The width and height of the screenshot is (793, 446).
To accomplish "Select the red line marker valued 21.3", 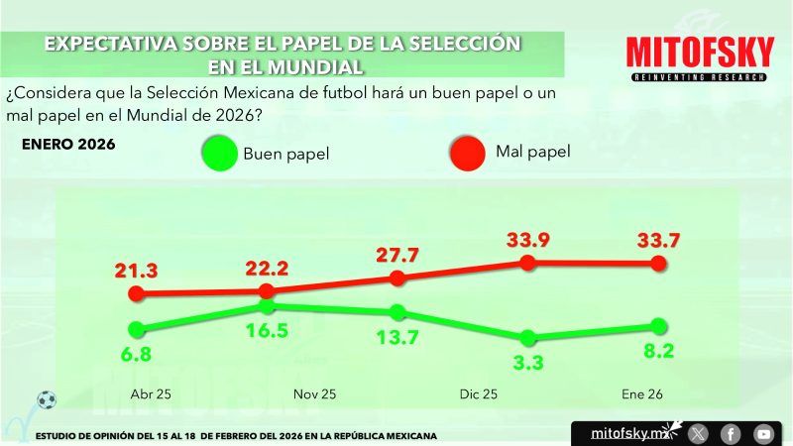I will (138, 293).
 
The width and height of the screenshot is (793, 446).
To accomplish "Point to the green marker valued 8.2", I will (657, 326).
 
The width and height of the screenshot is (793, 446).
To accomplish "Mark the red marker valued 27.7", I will (397, 278).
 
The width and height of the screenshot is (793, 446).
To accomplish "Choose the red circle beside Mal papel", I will (469, 153).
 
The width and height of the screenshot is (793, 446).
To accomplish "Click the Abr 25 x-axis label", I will (151, 393).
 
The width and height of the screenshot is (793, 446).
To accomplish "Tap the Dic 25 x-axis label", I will (478, 393).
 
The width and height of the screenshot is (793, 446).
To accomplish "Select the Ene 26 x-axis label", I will (642, 393).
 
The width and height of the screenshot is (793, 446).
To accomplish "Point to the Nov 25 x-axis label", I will (315, 393).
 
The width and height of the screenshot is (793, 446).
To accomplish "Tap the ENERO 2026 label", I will (68, 145).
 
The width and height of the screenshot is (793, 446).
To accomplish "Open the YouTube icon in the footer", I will (763, 433).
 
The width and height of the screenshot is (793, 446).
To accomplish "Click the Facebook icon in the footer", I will (731, 433).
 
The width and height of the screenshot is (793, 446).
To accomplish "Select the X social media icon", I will (699, 433).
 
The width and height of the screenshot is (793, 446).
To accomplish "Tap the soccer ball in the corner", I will (46, 400).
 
